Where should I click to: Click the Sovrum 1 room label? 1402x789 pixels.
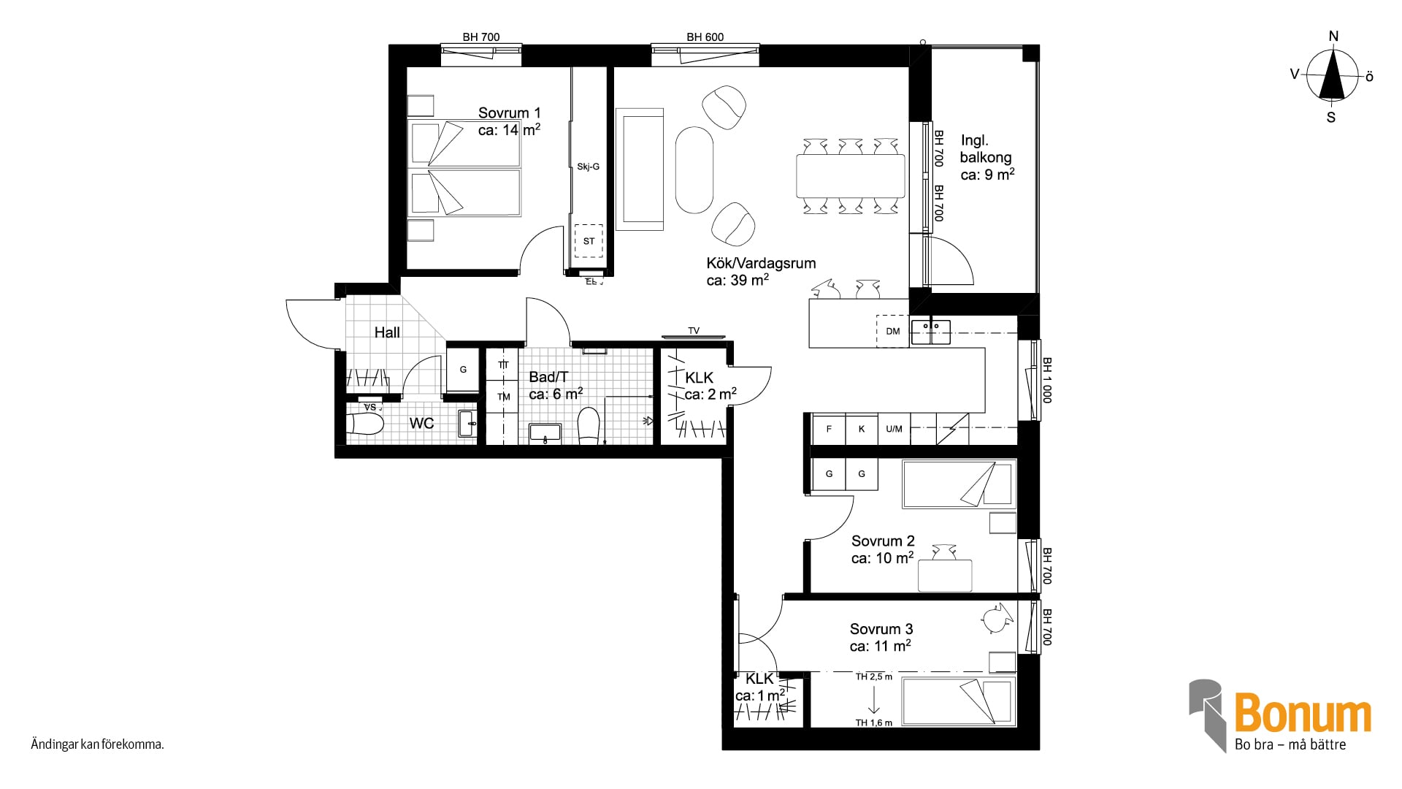point(509,113)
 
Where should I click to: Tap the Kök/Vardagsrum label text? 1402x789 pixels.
point(761,263)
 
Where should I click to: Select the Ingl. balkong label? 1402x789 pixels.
point(986,148)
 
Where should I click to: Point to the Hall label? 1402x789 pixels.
point(387,332)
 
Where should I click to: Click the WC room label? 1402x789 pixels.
point(421,423)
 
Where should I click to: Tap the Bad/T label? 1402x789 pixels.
point(548,377)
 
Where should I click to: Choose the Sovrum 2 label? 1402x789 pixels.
point(883,541)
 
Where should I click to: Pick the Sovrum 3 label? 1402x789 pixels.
point(881,629)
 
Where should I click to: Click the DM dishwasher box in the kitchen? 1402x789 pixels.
point(893,331)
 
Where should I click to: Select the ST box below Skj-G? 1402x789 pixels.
point(589,241)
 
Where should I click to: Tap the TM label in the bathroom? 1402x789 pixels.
point(504,397)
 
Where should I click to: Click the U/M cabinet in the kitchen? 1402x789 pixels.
point(894,429)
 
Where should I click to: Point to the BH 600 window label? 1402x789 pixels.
point(705,37)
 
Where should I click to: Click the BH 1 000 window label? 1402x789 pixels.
point(1046,380)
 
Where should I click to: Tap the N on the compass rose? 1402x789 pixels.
point(1333,37)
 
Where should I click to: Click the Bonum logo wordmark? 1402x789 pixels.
point(1303,714)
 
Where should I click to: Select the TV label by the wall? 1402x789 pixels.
point(694,331)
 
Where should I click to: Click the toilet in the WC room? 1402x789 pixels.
point(365,424)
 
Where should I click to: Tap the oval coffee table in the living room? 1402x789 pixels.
point(694,170)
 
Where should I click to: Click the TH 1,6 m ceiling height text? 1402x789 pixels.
point(874,723)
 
